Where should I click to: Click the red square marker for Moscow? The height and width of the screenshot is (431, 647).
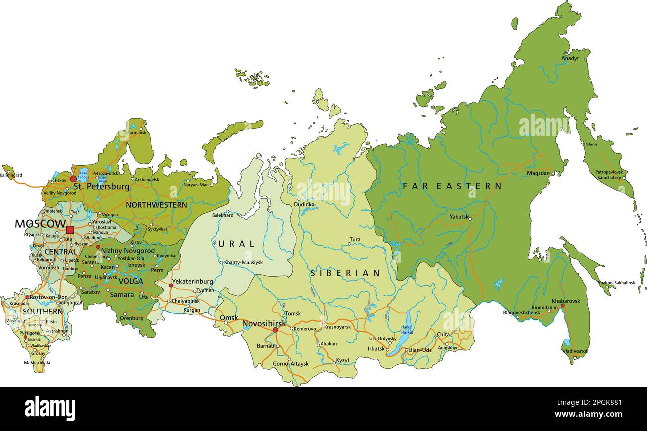[x=70, y=230]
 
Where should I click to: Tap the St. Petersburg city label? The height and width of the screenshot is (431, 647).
[x=101, y=187]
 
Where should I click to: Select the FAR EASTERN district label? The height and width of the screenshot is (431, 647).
[x=452, y=186]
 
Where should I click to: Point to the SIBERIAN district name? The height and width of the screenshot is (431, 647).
[x=345, y=273]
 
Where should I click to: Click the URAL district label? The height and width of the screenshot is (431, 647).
[x=236, y=244]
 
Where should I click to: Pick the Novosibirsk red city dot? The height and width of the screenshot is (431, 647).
[x=275, y=330]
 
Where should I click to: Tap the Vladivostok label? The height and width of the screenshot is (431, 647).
[x=575, y=351]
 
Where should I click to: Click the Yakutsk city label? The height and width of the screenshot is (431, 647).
[x=459, y=217]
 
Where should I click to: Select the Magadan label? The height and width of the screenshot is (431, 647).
[x=539, y=173]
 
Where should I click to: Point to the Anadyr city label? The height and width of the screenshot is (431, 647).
[x=570, y=58]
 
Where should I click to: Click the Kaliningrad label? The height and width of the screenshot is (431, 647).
[x=11, y=175]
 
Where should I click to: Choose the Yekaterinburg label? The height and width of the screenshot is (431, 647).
[x=192, y=282]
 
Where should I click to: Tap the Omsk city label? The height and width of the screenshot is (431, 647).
[x=229, y=318]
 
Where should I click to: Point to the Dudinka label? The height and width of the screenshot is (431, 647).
[x=304, y=204]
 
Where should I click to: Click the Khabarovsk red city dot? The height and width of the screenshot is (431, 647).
[x=563, y=306]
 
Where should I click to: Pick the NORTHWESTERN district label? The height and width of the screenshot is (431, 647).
[x=156, y=205]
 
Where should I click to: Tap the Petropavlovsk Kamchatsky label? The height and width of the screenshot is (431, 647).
[x=608, y=175]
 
